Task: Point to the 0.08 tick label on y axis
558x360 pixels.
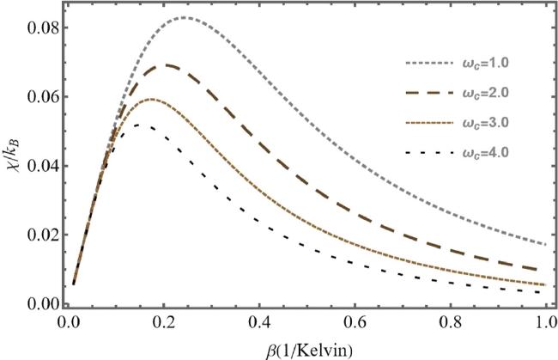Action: (42, 27)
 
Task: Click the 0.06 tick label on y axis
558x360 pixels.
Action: (42, 96)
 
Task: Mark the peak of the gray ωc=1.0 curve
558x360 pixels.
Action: (185, 17)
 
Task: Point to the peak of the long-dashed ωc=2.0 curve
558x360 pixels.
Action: (169, 64)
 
